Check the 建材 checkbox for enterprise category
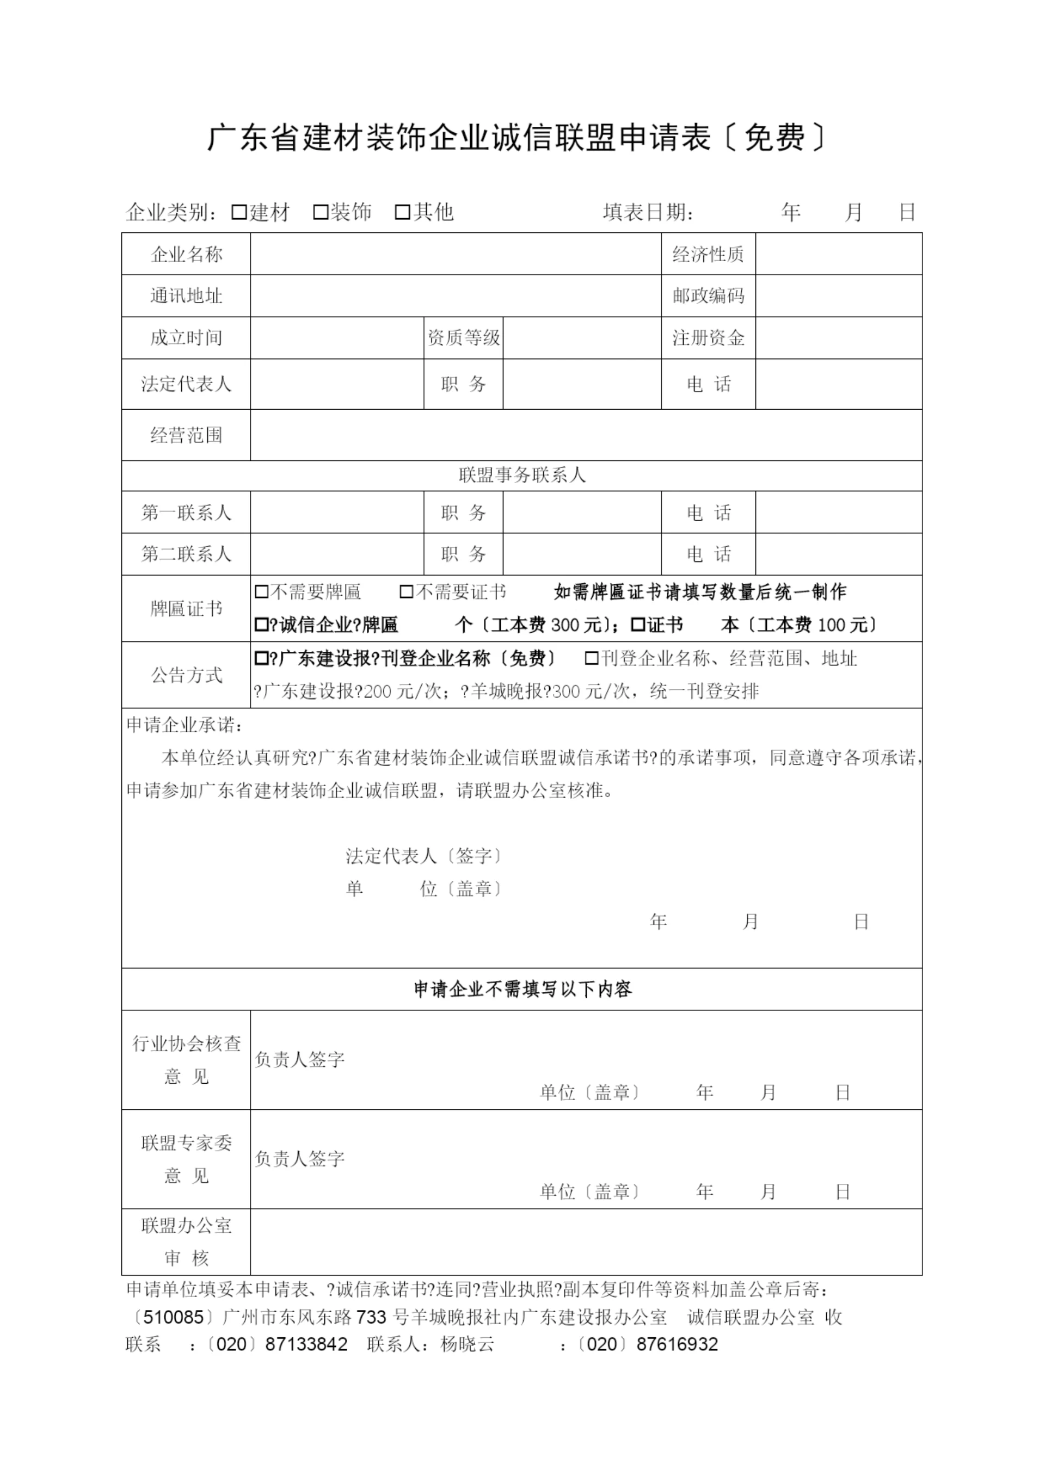pyautogui.click(x=239, y=212)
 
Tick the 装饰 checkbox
pyautogui.click(x=321, y=212)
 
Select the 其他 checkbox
pyautogui.click(x=402, y=212)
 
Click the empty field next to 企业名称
pyautogui.click(x=456, y=254)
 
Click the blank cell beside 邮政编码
pyautogui.click(x=838, y=296)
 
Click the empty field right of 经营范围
pyautogui.click(x=586, y=435)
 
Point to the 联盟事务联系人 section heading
pyautogui.click(x=522, y=475)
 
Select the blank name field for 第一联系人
pyautogui.click(x=336, y=512)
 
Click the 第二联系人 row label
pyautogui.click(x=186, y=554)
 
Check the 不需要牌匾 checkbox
pyautogui.click(x=261, y=592)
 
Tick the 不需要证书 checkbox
pyautogui.click(x=406, y=592)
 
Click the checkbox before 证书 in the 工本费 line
pyautogui.click(x=638, y=625)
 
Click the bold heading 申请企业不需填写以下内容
pyautogui.click(x=522, y=989)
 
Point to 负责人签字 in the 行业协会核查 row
pyautogui.click(x=300, y=1059)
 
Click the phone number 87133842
pyautogui.click(x=306, y=1344)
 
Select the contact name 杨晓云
pyautogui.click(x=467, y=1344)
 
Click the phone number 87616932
pyautogui.click(x=677, y=1344)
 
